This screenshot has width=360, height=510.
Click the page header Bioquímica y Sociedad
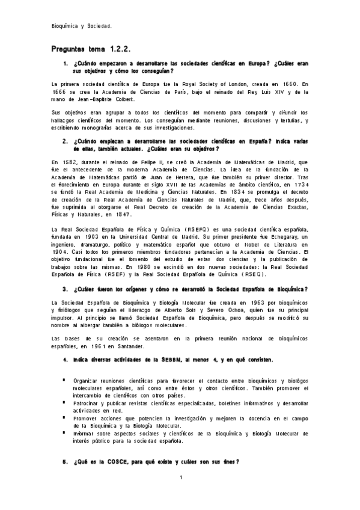(x=82, y=26)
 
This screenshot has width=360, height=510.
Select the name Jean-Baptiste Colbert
(x=120, y=99)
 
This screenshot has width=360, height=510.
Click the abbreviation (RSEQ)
(x=260, y=274)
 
